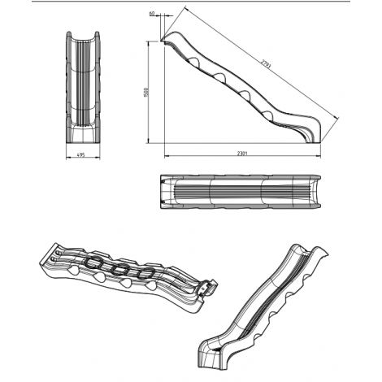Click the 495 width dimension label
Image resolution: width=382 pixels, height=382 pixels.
[x=80, y=155]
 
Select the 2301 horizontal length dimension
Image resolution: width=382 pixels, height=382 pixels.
[x=242, y=154]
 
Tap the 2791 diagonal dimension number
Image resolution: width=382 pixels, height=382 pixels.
[x=266, y=64]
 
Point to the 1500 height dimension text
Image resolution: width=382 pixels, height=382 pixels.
[x=146, y=93]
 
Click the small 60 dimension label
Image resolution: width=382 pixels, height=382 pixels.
[x=152, y=13]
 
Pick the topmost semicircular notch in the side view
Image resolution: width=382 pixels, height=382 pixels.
[x=194, y=62]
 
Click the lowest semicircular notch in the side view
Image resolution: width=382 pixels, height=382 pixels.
[x=267, y=115]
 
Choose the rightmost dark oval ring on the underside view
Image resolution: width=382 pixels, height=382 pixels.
[x=145, y=273]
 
